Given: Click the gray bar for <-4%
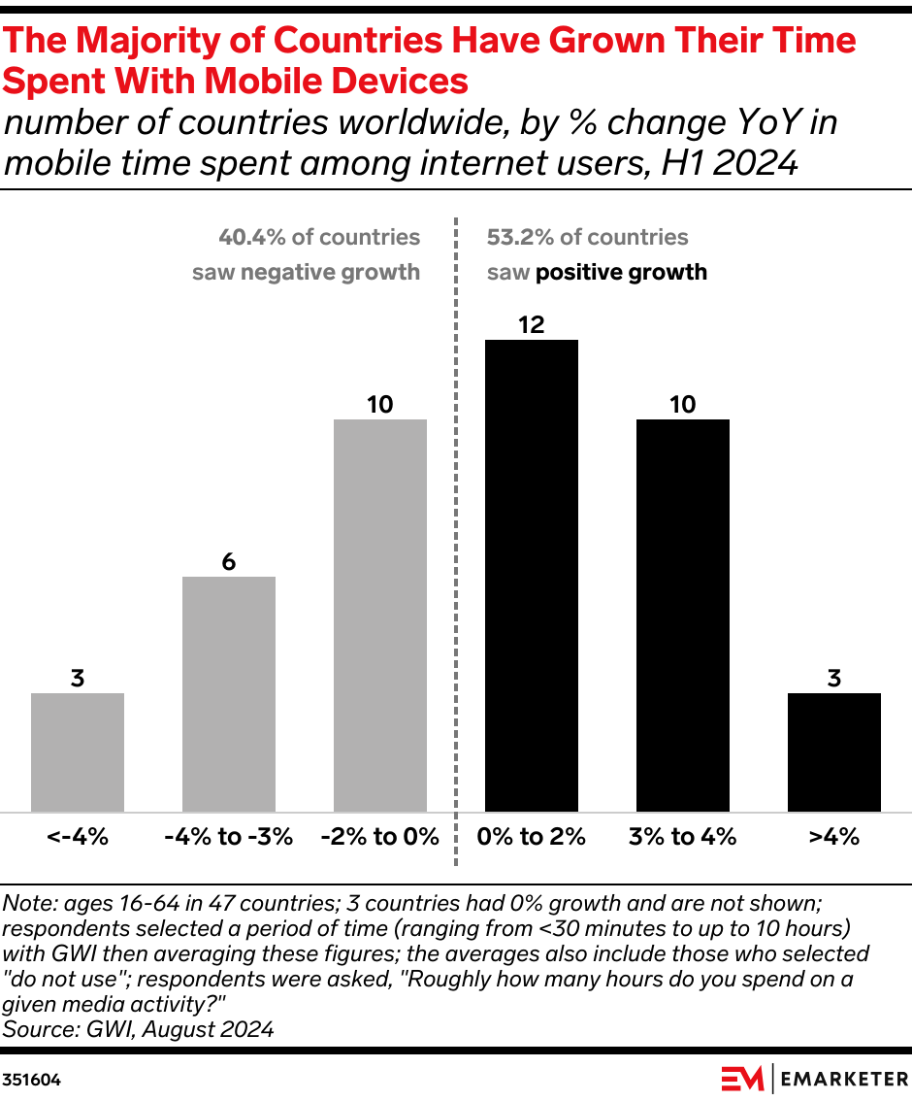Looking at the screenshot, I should [78, 751].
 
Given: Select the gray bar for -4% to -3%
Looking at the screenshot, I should [229, 693].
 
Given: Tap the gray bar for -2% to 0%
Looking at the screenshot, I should [380, 615].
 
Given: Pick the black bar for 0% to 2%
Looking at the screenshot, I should [532, 575].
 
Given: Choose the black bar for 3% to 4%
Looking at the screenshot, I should [683, 615].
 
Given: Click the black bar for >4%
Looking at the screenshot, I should [834, 751].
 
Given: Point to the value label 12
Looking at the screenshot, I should [532, 325].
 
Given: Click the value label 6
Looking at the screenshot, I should [229, 562].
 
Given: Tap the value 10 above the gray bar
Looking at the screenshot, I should [380, 405].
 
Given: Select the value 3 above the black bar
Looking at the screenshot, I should [834, 679].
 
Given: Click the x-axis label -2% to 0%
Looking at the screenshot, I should [380, 837].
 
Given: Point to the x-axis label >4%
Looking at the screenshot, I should [834, 837].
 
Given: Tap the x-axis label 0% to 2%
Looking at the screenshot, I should [532, 837].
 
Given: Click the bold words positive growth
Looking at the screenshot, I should [621, 272].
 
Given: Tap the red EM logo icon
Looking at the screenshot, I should [743, 1078].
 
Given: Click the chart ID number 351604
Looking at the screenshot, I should [31, 1079].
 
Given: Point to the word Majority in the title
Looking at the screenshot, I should [151, 41].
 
